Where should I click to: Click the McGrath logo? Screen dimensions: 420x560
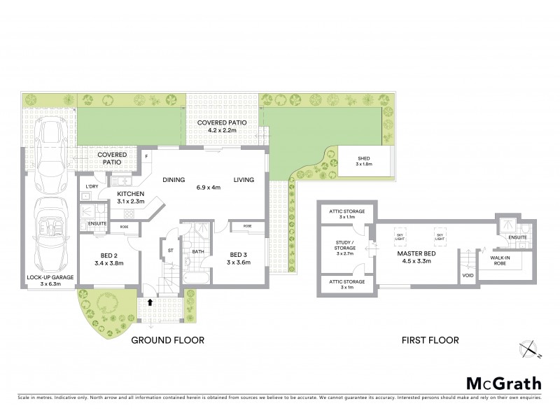click(504, 383)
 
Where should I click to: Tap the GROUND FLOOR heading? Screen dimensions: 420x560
click(168, 341)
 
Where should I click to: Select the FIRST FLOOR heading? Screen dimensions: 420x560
click(430, 341)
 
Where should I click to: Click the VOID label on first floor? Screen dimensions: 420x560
click(468, 276)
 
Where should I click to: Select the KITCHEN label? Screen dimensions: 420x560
click(131, 193)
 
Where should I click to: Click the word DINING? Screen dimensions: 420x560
click(174, 180)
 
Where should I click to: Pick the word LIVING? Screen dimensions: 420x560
click(244, 180)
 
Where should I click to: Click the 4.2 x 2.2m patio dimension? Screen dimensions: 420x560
click(221, 129)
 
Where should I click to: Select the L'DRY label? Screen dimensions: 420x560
click(91, 185)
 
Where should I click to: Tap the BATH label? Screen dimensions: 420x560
click(198, 251)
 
